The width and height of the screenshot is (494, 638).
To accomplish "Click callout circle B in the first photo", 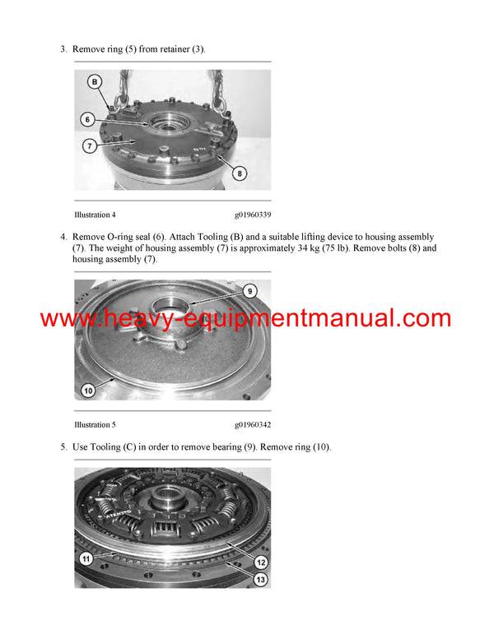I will (x=95, y=81).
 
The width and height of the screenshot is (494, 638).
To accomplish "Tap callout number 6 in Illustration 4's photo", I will (x=88, y=119).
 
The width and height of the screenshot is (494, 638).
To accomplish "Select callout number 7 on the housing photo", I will (x=88, y=146).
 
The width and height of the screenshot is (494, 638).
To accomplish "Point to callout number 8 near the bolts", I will (x=240, y=173).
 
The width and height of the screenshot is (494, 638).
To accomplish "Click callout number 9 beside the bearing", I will (x=249, y=290).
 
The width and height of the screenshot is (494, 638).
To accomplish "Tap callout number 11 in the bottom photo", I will (x=86, y=558).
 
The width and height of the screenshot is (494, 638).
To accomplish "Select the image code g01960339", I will (x=253, y=215).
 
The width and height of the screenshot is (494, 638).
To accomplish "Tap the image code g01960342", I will (x=253, y=424).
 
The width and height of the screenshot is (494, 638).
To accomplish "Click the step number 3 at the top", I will (x=63, y=49).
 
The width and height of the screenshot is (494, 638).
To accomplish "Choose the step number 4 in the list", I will (x=63, y=238).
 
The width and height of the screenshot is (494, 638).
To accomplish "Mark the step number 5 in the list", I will (x=63, y=446).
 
